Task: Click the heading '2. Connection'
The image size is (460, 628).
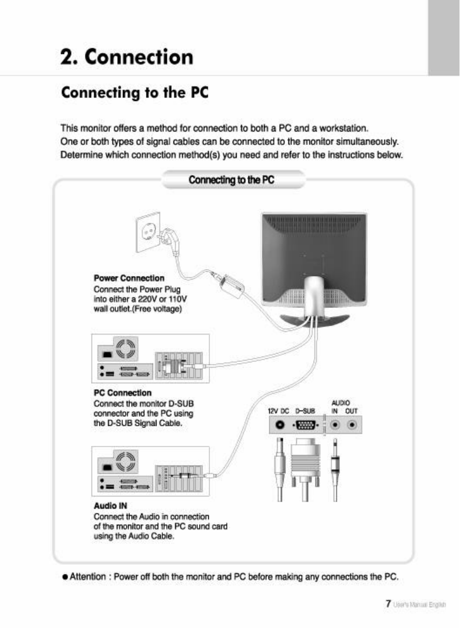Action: tap(127, 57)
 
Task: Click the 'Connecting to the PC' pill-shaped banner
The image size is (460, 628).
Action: tap(231, 180)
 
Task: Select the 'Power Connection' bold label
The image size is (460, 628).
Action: tap(129, 278)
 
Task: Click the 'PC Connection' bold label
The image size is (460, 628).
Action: tap(122, 393)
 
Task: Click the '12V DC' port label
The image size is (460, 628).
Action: tap(278, 411)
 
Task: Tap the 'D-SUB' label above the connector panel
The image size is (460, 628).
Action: tap(305, 411)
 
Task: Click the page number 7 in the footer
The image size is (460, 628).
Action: tap(386, 604)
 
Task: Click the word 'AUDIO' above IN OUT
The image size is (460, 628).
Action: tap(340, 402)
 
